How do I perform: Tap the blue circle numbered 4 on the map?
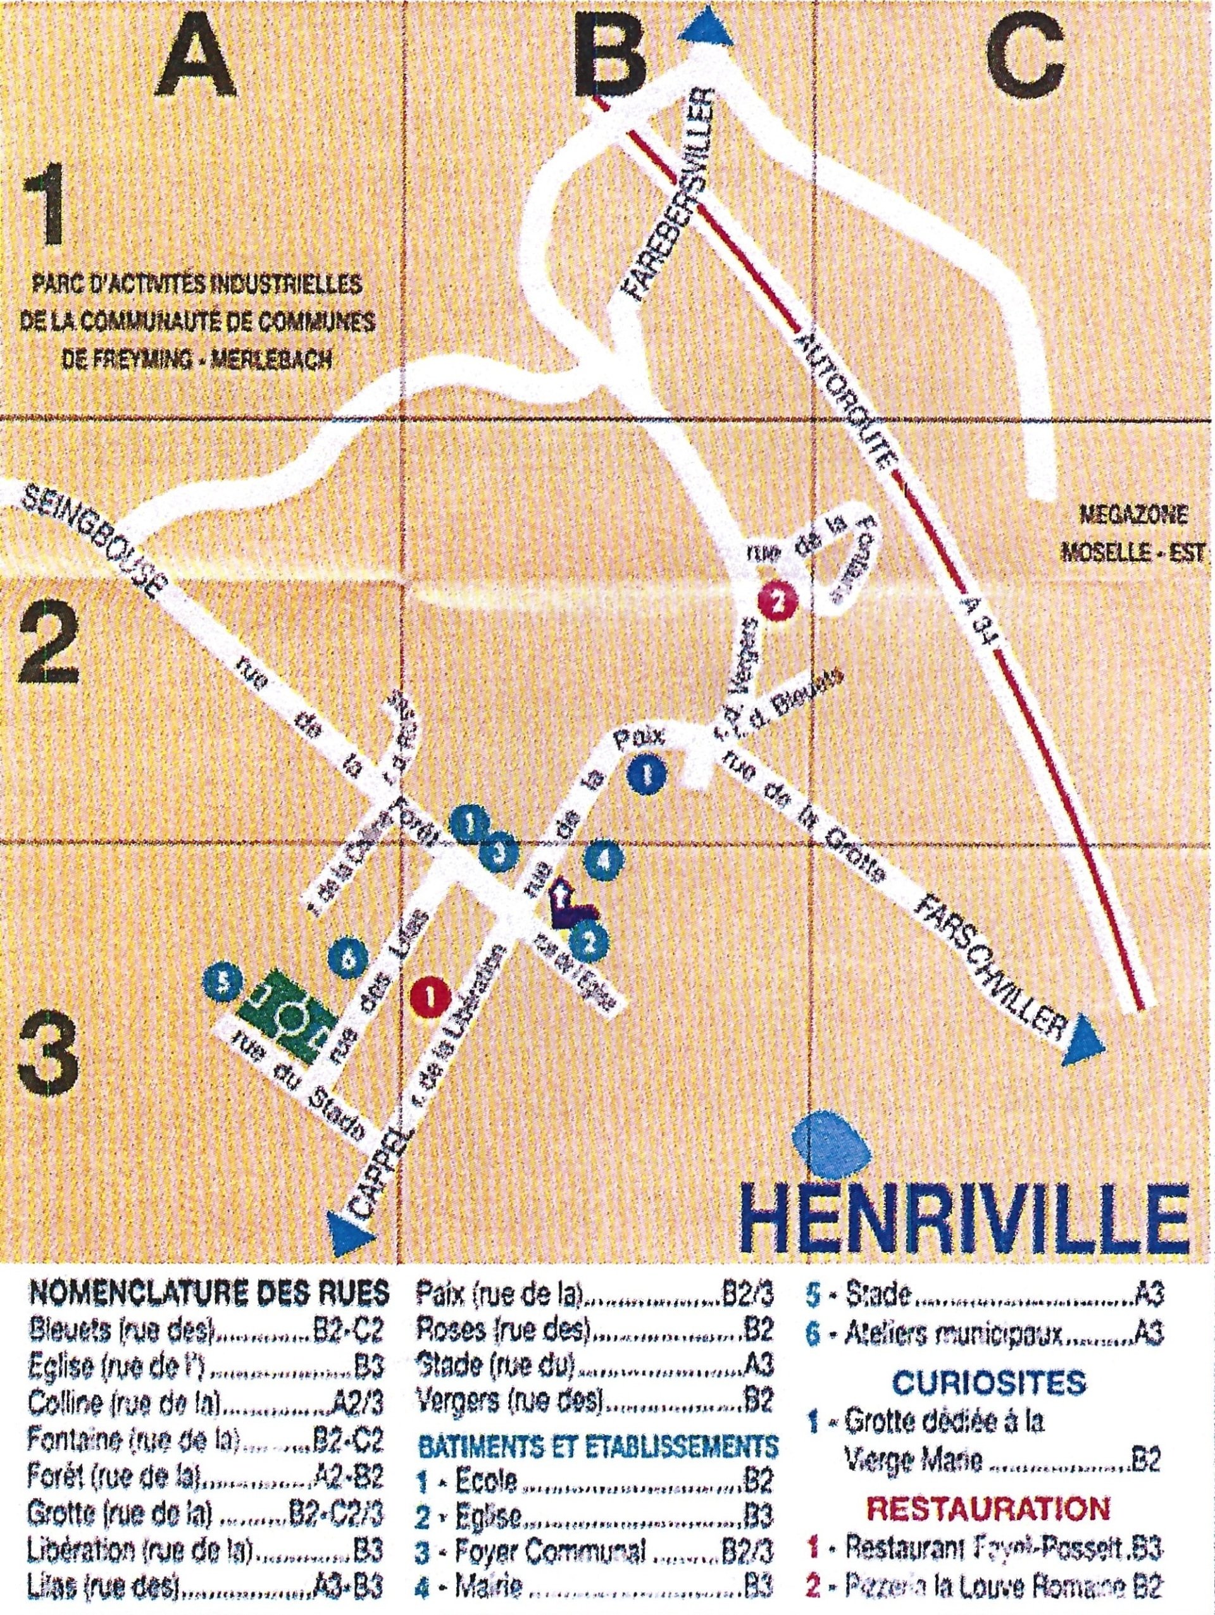pyautogui.click(x=604, y=860)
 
